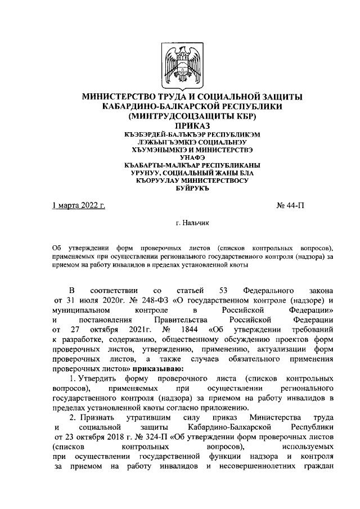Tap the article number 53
(x=222, y=290)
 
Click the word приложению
(x=283, y=408)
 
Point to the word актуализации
(x=274, y=349)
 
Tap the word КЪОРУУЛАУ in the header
(x=160, y=181)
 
